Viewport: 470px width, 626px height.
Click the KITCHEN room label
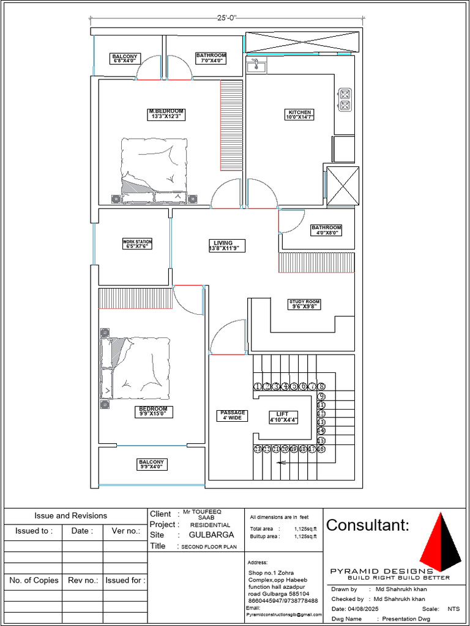[299, 114]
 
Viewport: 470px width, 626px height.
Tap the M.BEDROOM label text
[166, 114]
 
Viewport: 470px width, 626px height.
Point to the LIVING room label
[227, 246]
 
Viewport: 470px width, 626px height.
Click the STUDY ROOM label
[304, 304]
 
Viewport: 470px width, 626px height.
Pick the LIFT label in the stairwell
[283, 417]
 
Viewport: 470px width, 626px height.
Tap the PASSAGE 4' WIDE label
[233, 416]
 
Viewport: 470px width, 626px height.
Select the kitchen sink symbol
[255, 65]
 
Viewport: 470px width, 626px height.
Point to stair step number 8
[321, 386]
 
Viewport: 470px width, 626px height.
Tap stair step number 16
[321, 449]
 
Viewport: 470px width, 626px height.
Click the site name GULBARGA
[211, 534]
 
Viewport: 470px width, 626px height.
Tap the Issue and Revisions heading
[70, 516]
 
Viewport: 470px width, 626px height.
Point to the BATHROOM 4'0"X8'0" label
[326, 230]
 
